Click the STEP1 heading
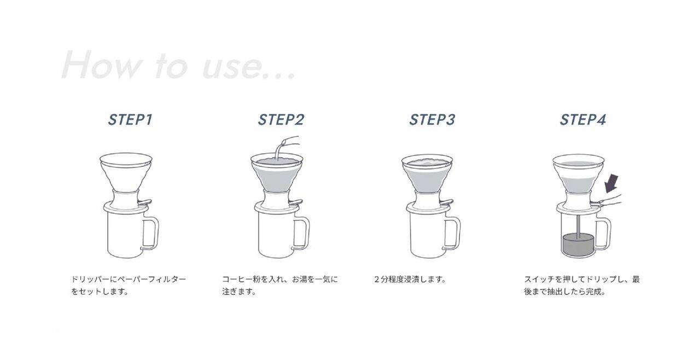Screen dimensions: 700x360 pos(130,120)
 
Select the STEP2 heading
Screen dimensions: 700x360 pos(281,120)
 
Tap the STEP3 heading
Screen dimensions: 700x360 pos(432,120)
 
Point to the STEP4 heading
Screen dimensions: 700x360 pos(583,120)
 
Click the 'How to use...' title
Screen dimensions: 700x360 pos(178,65)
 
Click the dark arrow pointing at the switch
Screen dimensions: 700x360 pos(611,184)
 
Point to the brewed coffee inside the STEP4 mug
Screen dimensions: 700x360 pos(578,246)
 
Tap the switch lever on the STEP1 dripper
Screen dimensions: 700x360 pos(145,202)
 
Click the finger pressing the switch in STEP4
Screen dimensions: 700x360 pos(609,201)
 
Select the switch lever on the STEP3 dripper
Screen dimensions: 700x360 pos(446,202)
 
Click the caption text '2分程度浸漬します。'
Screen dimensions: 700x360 pos(410,279)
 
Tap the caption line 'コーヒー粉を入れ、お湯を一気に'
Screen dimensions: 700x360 pos(280,279)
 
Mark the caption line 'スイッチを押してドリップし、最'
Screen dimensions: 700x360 pos(582,279)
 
